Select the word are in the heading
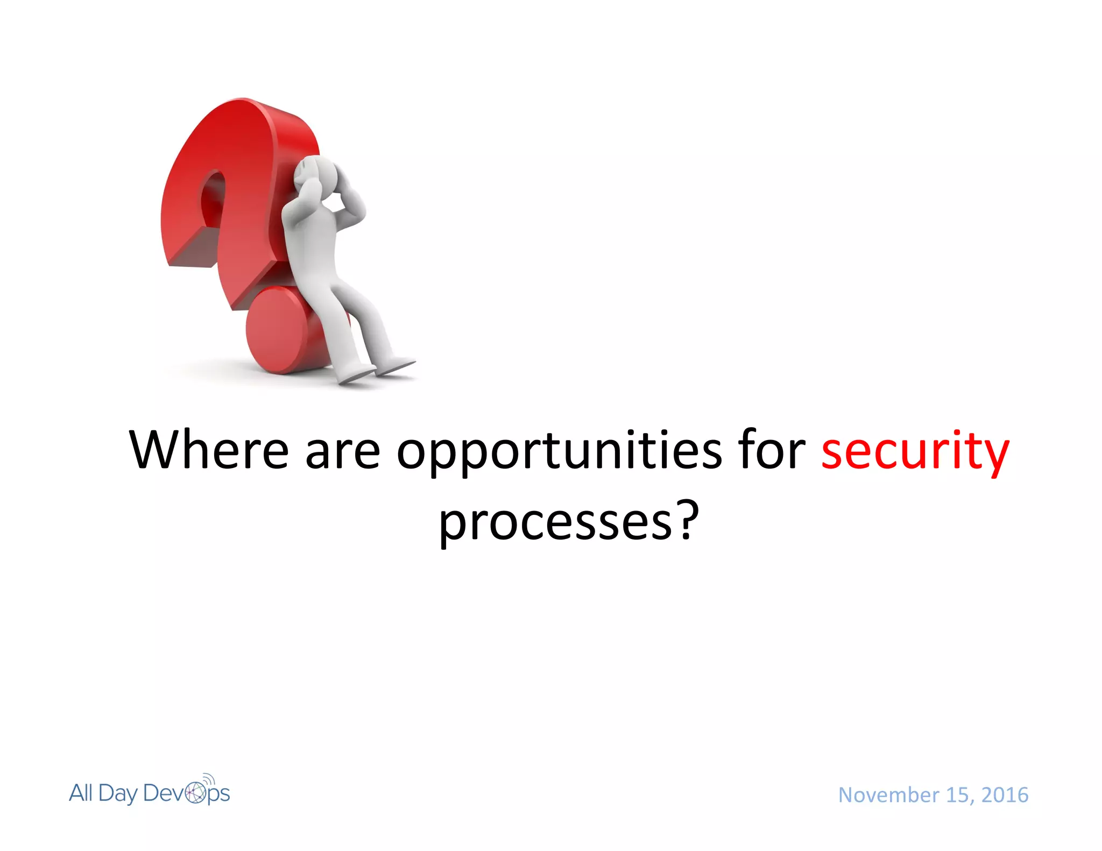343,451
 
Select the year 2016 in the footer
1005,795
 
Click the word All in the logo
81,793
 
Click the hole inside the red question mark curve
213,199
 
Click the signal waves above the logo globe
209,779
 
